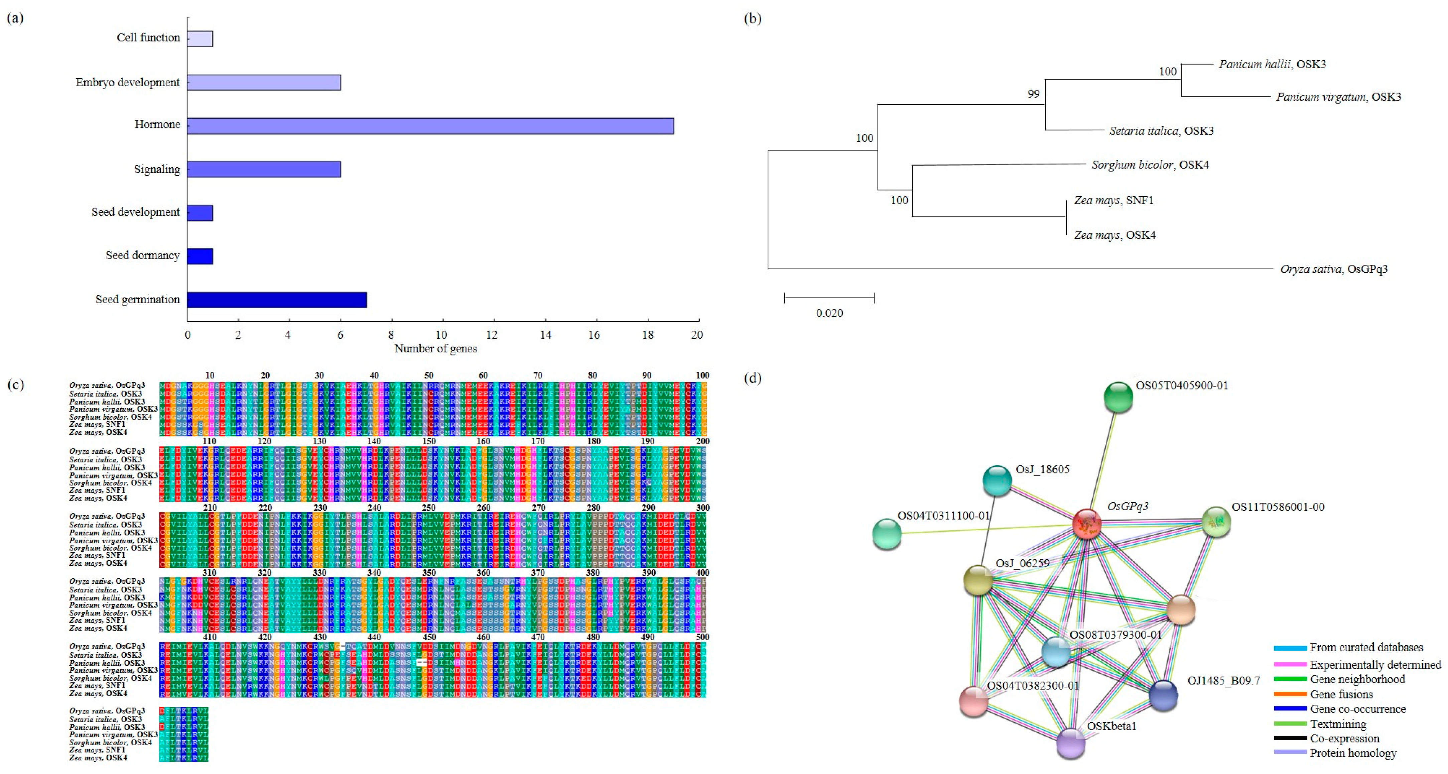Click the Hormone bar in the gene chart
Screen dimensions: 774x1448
430,126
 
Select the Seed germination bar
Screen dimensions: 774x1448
277,300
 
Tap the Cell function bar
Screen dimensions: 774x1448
200,39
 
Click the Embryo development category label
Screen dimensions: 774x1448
128,82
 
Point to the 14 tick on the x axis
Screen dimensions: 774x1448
545,335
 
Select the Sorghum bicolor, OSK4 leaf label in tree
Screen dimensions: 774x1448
1150,165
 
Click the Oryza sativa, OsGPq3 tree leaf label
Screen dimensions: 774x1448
1333,269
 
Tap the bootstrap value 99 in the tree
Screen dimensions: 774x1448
1033,94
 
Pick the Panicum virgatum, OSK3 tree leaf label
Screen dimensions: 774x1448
1338,97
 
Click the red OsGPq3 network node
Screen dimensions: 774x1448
1086,524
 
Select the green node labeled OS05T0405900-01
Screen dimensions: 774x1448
1118,397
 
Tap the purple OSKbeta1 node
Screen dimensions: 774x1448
1070,743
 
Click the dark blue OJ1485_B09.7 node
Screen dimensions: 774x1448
1163,695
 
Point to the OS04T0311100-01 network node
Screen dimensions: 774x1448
887,534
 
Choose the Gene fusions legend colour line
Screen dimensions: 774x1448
1290,694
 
